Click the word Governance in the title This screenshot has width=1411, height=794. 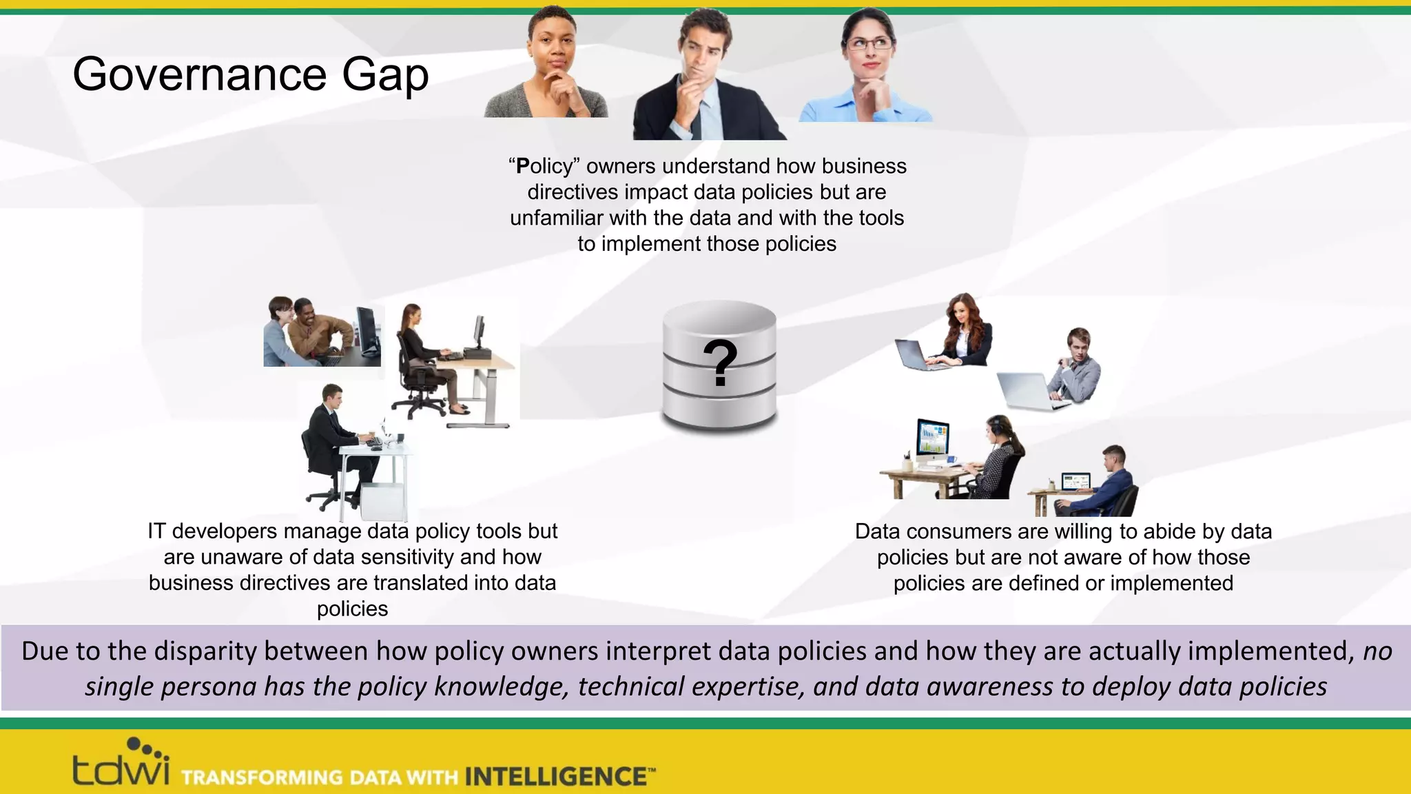200,74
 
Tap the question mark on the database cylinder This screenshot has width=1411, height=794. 720,363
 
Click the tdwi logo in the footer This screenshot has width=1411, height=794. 121,765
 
